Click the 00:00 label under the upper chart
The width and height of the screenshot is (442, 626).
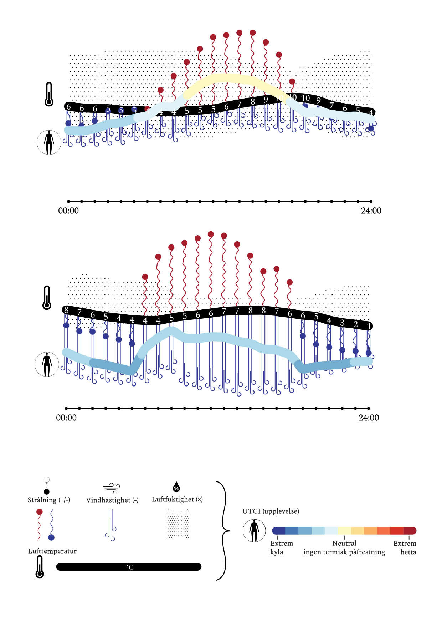click(x=68, y=211)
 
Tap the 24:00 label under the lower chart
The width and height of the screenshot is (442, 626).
click(x=369, y=418)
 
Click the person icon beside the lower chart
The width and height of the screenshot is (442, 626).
click(x=47, y=364)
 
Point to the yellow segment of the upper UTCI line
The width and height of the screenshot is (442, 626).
click(x=232, y=79)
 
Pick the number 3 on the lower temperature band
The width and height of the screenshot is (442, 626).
click(x=342, y=323)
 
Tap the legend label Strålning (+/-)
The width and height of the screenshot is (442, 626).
click(x=49, y=500)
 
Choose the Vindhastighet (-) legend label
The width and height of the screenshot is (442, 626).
click(x=112, y=500)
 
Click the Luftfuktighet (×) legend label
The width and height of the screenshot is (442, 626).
click(x=177, y=499)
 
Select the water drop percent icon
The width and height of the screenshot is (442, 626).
click(x=176, y=487)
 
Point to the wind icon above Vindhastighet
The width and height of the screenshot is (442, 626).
click(x=111, y=488)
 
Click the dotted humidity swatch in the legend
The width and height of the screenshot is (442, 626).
click(x=178, y=524)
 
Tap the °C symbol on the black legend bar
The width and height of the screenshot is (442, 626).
click(x=129, y=567)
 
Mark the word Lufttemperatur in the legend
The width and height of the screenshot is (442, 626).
click(x=52, y=551)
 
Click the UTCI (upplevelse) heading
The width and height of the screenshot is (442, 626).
click(x=271, y=511)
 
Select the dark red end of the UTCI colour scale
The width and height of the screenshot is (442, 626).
click(x=410, y=531)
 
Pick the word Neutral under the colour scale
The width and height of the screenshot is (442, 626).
click(x=344, y=543)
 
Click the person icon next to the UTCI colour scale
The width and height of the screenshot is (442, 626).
click(x=254, y=531)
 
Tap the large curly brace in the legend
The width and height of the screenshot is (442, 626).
click(x=223, y=531)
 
